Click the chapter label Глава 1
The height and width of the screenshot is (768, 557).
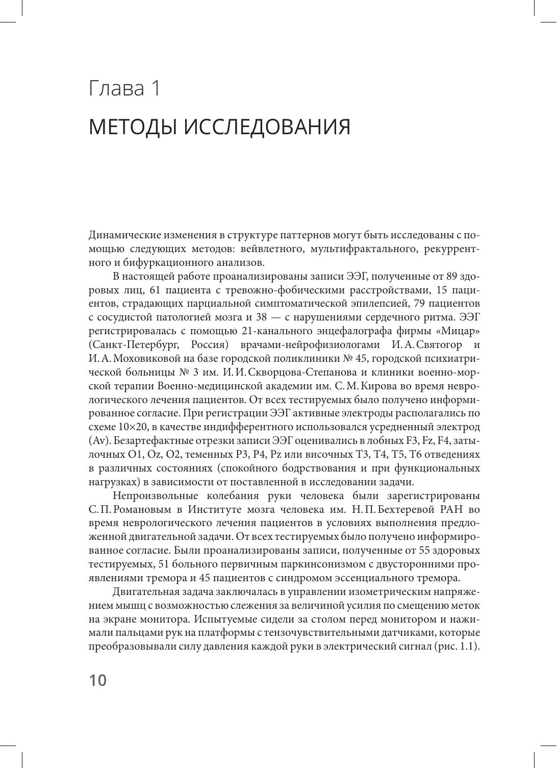[x=125, y=88]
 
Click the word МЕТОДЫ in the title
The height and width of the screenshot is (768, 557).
[x=132, y=127]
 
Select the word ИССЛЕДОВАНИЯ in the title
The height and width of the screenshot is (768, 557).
[x=266, y=127]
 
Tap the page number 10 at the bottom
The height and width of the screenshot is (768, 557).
[x=98, y=680]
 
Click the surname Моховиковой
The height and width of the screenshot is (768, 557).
[x=144, y=359]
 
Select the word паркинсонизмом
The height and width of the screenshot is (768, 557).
[x=293, y=564]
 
